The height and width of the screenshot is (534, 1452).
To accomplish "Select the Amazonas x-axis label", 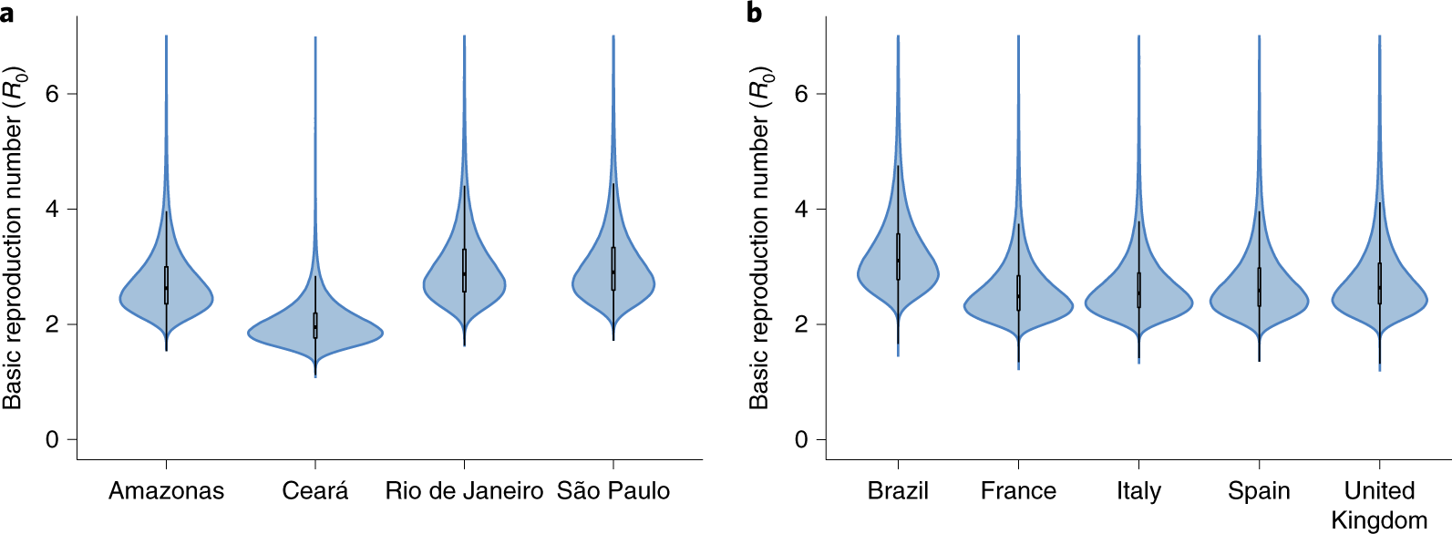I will coord(166,491).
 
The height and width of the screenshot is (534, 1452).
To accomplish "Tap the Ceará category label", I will coord(315,491).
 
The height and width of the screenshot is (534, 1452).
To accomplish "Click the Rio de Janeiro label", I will coord(464,491).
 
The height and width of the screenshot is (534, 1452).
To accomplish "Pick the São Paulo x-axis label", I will coord(613,491).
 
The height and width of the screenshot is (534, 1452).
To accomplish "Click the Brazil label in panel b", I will coord(898,491).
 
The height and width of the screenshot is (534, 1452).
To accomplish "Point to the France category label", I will coord(1018,491).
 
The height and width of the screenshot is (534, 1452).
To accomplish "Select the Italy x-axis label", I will coord(1138,491).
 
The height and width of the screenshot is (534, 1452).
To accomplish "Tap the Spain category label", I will coord(1259,491).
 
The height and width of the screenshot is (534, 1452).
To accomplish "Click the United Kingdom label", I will coord(1379,505).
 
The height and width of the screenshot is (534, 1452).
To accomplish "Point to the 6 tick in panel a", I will coord(52,94).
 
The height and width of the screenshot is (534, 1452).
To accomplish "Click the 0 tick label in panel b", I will coord(801,440).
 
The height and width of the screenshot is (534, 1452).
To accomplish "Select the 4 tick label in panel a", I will coord(52,210).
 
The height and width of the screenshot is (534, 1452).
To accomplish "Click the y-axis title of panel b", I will coord(760,238).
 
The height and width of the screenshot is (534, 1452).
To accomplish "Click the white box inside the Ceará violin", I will coord(315,325).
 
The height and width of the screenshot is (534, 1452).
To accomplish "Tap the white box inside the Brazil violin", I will coord(898,256).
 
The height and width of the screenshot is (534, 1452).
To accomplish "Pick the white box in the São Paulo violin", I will coord(613,269).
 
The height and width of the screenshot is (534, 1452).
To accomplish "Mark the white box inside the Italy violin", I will coord(1138,290).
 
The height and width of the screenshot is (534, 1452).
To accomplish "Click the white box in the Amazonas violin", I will coord(166,285).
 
